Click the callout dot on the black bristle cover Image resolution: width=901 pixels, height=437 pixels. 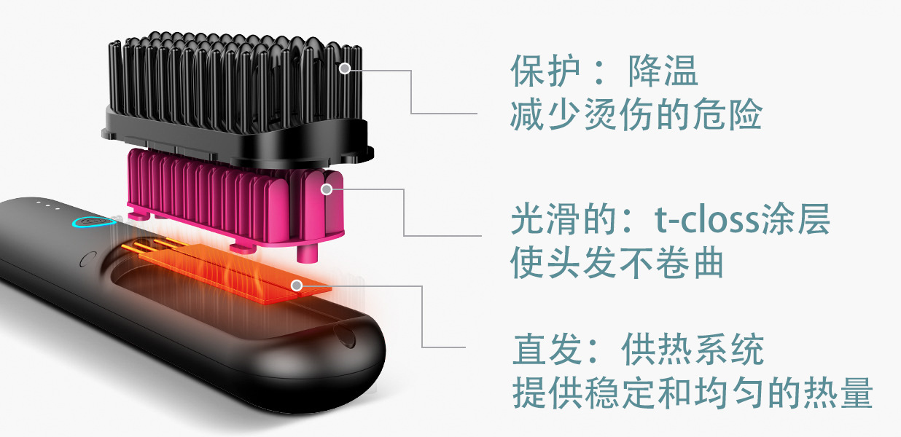coord(345,68)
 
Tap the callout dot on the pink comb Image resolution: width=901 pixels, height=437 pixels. coord(327,189)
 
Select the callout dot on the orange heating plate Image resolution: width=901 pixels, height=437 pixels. coord(296,285)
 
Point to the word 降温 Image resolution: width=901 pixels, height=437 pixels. coord(663,71)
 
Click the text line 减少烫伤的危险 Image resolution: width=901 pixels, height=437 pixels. coord(636,115)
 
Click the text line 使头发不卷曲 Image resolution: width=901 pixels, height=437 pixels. coord(617,263)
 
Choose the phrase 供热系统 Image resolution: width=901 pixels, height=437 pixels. coord(693,350)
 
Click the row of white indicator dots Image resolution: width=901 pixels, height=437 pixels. coord(48,205)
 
